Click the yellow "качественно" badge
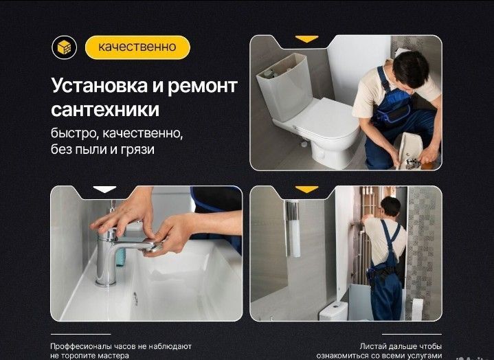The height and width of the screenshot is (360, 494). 137,47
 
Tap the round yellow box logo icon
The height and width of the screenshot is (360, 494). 63,47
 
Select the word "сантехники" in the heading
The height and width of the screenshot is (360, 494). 105,110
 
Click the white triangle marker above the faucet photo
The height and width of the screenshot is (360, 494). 104,189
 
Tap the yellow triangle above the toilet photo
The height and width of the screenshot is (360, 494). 306,39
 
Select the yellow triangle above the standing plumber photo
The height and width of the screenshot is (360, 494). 306,189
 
